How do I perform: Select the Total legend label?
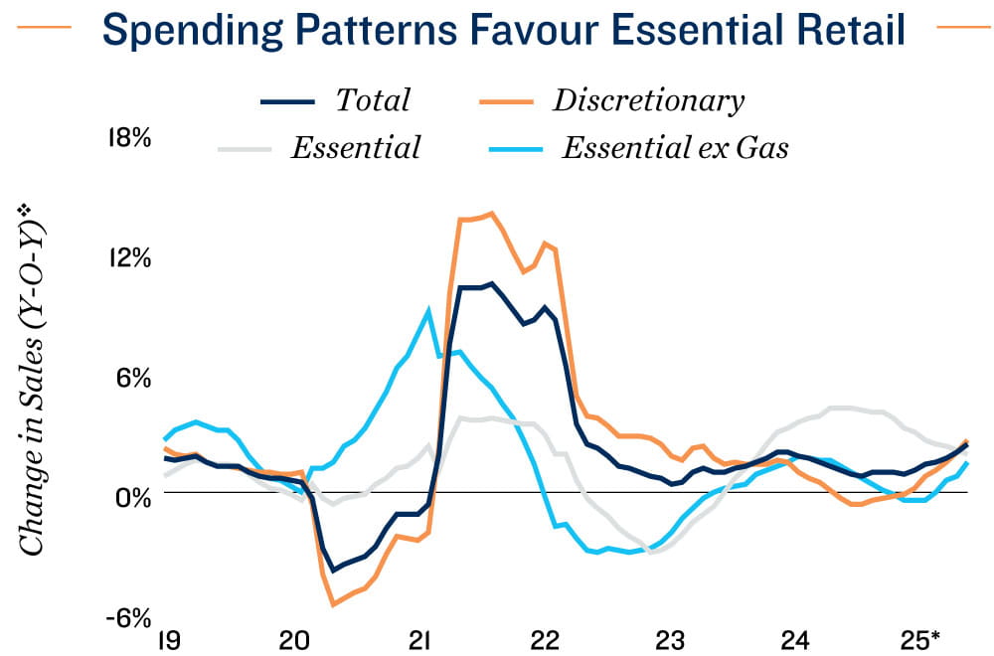373,100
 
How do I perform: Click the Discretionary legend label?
648,100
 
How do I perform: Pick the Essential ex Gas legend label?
675,149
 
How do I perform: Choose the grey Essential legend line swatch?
244,149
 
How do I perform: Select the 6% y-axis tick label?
133,378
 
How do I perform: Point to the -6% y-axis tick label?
128,617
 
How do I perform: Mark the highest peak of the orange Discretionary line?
491,213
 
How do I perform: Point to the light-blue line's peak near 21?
429,310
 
